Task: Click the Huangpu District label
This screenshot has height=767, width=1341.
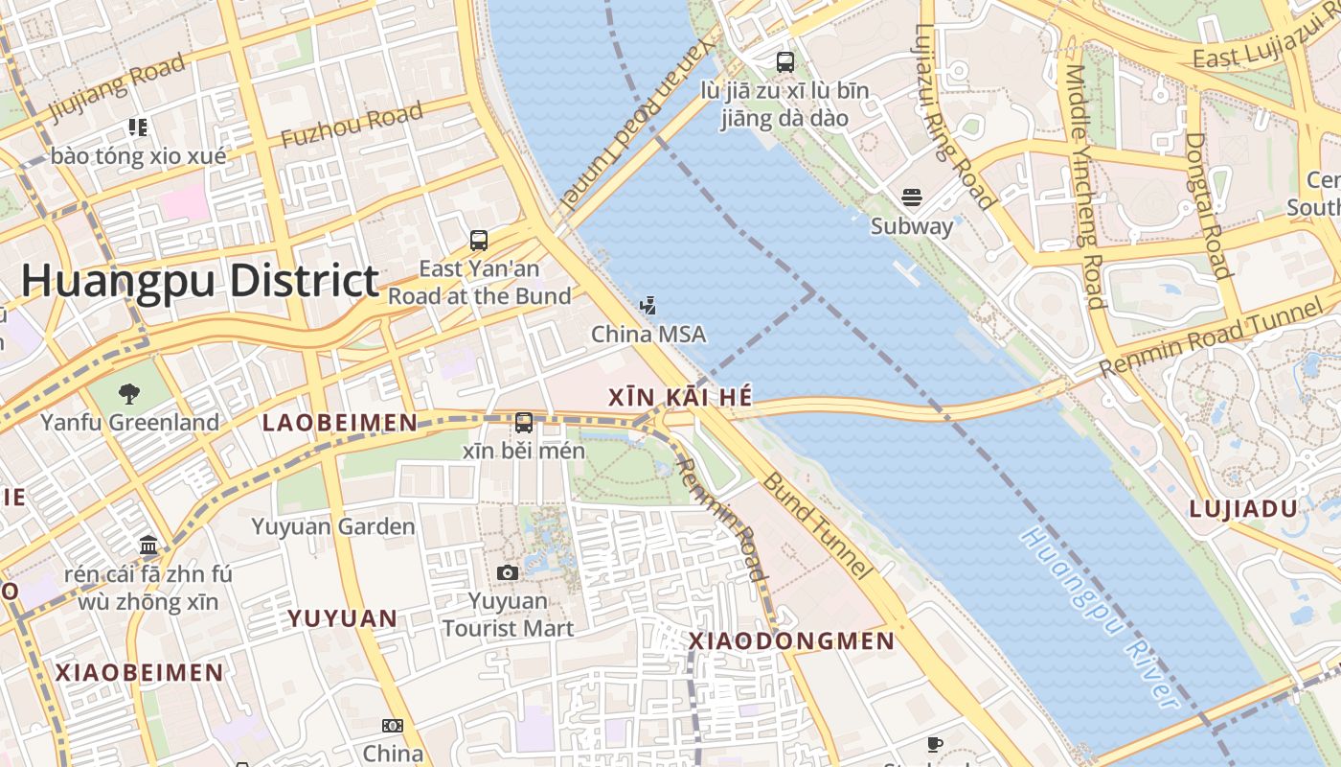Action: click(200, 281)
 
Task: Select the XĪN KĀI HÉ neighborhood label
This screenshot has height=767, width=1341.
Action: click(681, 397)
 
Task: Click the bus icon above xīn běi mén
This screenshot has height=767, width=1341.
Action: click(524, 422)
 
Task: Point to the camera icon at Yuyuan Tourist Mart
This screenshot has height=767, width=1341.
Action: click(508, 572)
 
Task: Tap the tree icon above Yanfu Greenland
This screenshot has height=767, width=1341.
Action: click(128, 393)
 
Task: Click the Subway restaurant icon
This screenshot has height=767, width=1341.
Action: click(911, 198)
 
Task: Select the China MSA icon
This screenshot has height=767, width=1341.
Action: click(648, 307)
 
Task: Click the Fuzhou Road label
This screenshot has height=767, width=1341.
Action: click(352, 126)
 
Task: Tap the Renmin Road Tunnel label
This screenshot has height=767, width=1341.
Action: click(1212, 338)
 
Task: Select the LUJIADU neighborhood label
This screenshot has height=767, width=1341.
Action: click(1242, 509)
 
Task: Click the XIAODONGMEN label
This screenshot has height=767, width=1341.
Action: click(792, 641)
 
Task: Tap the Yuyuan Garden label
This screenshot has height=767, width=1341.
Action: click(333, 526)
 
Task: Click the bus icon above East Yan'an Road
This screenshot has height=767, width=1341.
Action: click(479, 241)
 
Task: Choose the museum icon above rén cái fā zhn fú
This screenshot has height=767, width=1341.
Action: click(148, 546)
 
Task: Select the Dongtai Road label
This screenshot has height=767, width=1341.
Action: click(1207, 205)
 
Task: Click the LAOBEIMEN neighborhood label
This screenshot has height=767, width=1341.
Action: click(340, 423)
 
